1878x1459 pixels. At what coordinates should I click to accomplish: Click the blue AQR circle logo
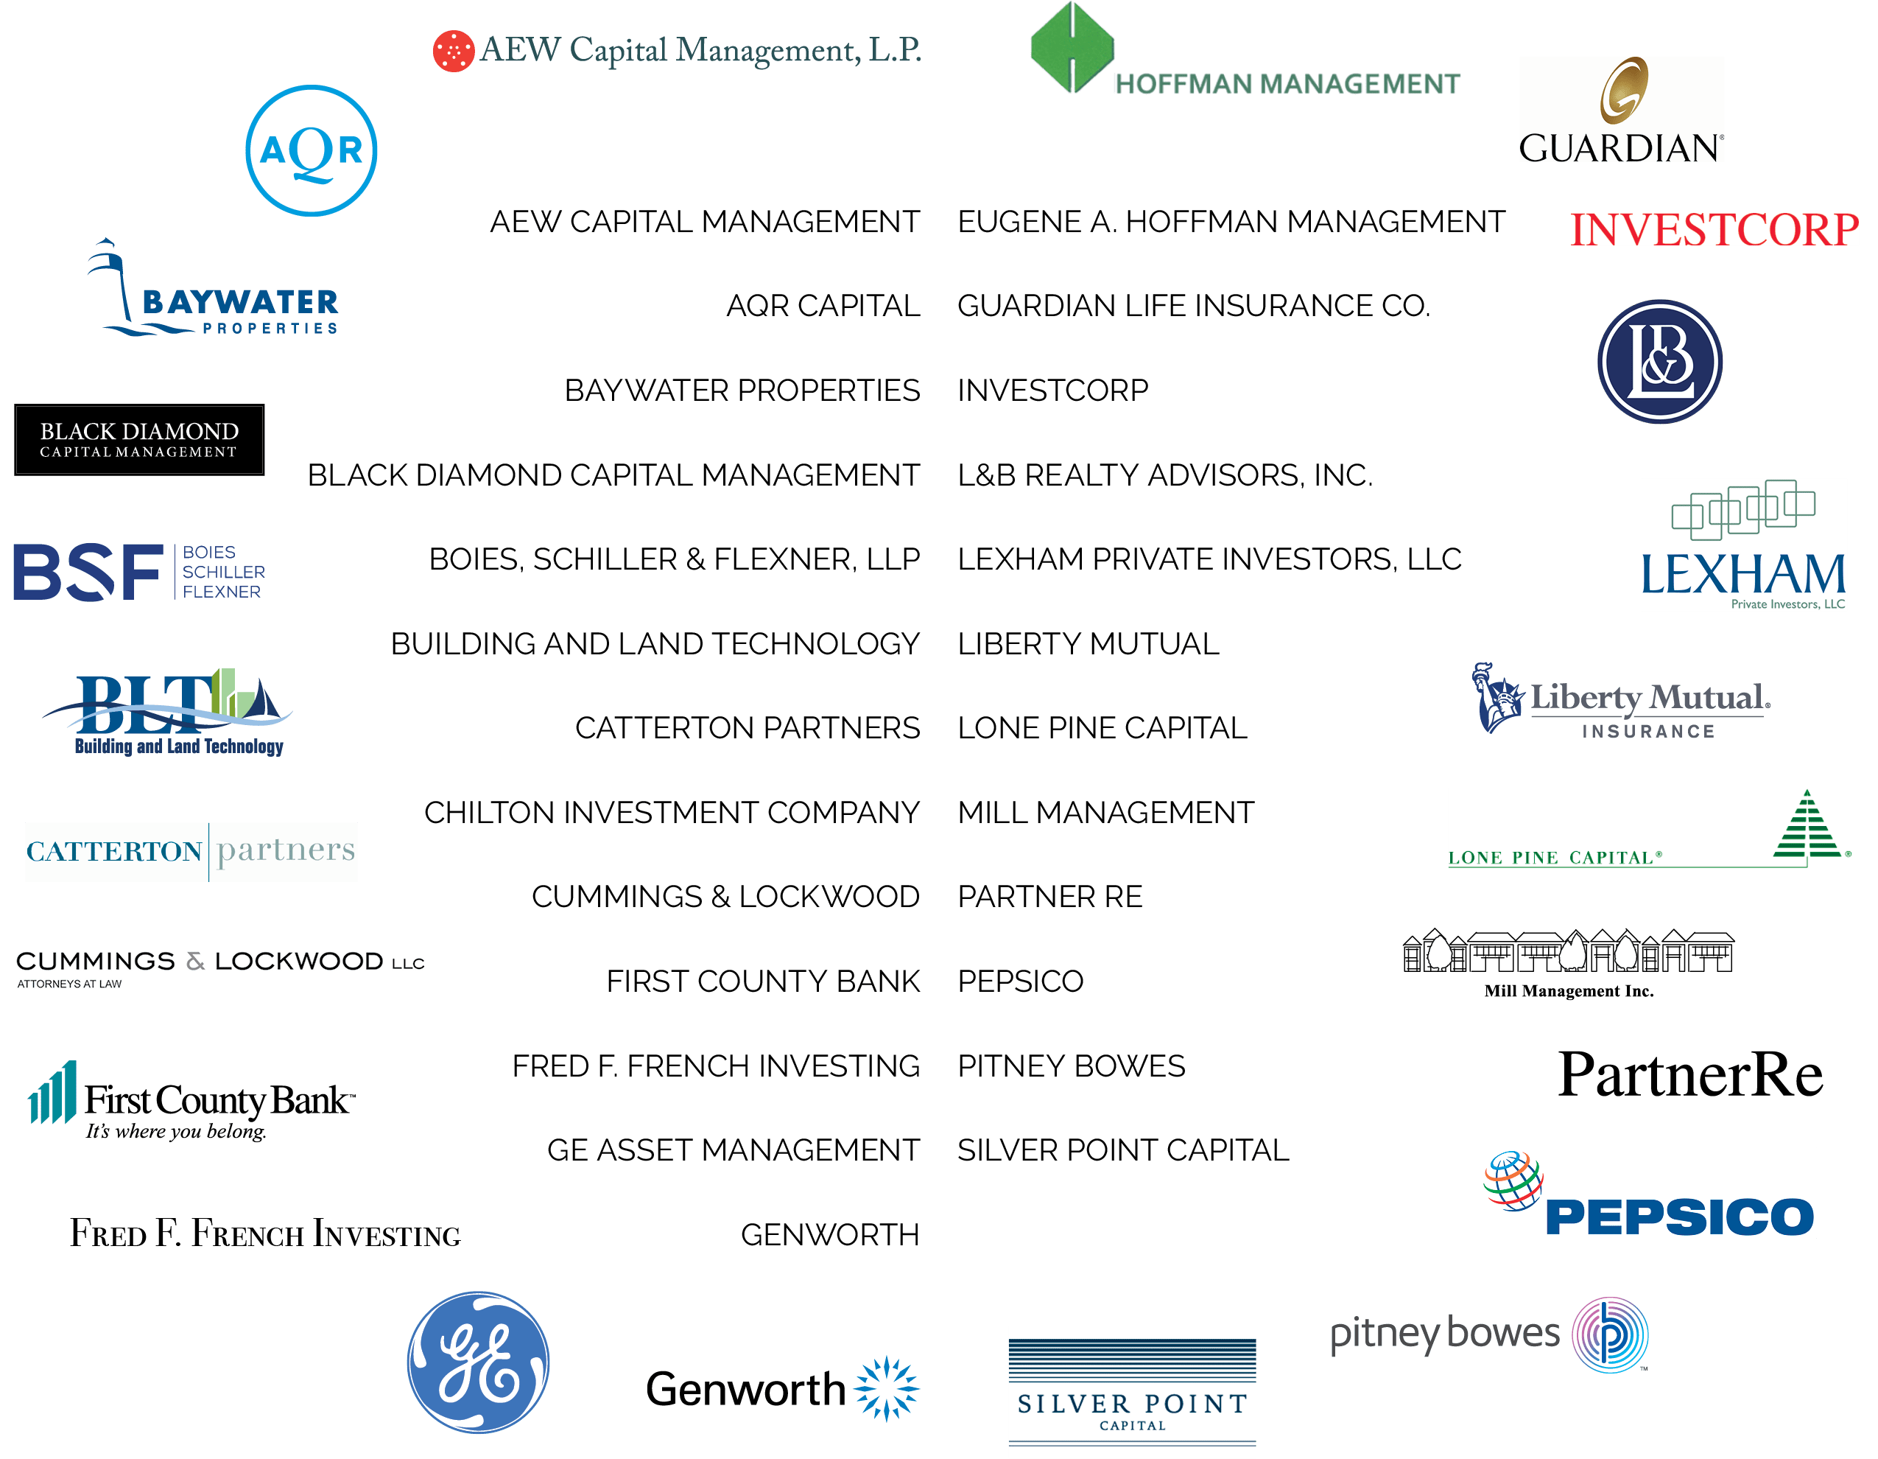(312, 150)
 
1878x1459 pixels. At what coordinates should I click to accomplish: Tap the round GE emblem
(478, 1362)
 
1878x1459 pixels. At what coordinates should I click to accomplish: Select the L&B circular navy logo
(1659, 361)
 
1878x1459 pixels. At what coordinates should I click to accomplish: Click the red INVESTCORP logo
(1714, 230)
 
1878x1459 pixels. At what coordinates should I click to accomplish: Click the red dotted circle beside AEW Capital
(453, 51)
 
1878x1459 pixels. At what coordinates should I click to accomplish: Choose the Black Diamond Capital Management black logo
(139, 440)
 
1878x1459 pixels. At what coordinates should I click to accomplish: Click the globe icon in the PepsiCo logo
(1513, 1180)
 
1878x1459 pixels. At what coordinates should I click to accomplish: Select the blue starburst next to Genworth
(887, 1388)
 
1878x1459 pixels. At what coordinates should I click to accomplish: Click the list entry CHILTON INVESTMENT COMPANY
(672, 812)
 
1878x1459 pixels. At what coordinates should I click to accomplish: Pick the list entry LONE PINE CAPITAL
(1102, 728)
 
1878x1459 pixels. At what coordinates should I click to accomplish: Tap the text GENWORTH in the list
(829, 1234)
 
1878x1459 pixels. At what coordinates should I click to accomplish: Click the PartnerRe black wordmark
(1689, 1075)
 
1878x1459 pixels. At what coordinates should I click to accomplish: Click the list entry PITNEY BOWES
(1071, 1066)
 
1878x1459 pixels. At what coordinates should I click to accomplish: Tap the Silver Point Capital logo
(1132, 1391)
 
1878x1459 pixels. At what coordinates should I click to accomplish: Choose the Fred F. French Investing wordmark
(265, 1234)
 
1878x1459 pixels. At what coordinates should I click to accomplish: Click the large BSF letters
(88, 572)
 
